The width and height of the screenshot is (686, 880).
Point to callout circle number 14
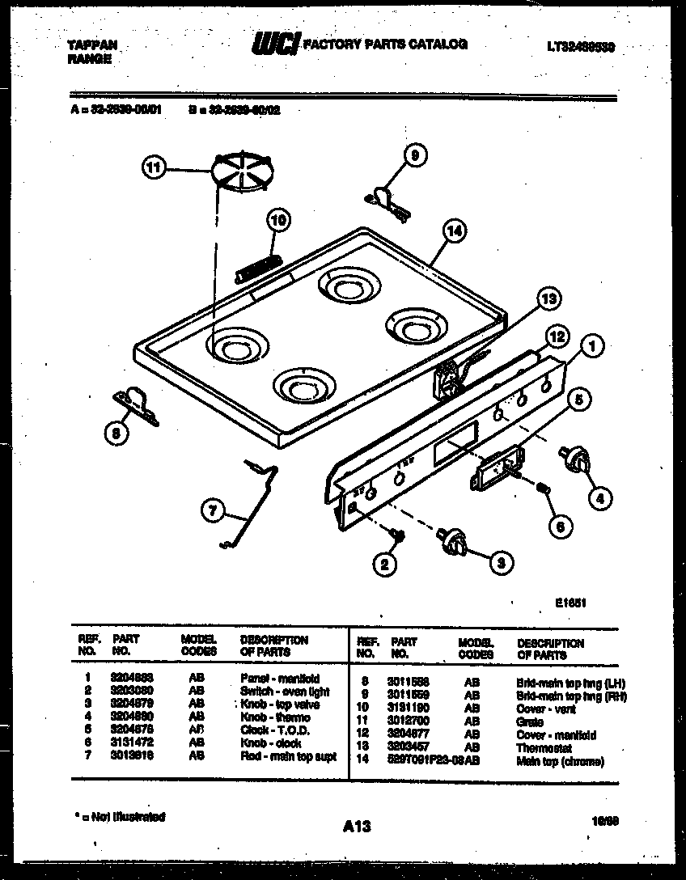(455, 231)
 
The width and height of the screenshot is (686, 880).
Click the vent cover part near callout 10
(257, 267)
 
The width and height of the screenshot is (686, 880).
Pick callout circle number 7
(212, 510)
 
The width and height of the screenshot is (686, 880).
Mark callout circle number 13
(548, 300)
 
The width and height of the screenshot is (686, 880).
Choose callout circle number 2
(385, 563)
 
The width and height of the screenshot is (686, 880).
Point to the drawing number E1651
(570, 602)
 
